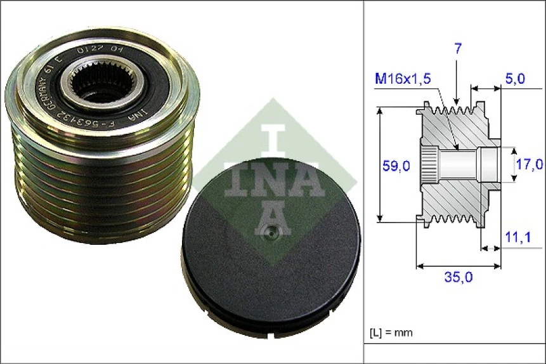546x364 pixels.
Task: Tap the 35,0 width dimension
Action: click(x=458, y=277)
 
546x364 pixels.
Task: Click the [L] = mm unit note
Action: click(x=391, y=332)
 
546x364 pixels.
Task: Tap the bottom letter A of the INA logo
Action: click(x=273, y=219)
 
